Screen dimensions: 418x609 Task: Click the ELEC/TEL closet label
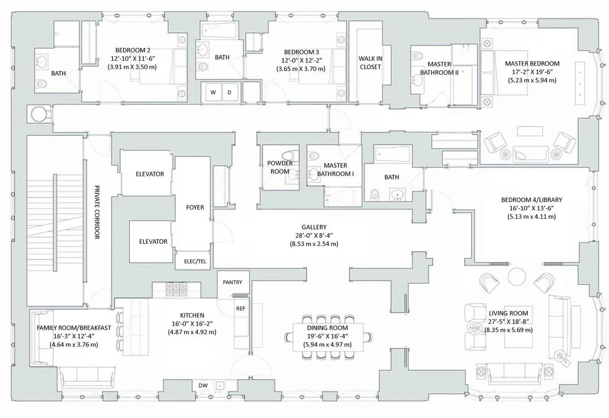click(x=191, y=262)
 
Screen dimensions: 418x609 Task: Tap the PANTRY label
click(x=232, y=282)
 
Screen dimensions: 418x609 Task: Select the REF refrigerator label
click(x=240, y=308)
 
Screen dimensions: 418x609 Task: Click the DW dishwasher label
click(x=203, y=386)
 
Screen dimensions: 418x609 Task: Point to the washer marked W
click(x=213, y=92)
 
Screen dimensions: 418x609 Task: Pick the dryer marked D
click(x=229, y=92)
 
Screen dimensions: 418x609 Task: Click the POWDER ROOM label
click(x=280, y=167)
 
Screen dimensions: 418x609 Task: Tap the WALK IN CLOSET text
click(x=370, y=62)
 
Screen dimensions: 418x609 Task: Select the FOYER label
click(x=195, y=207)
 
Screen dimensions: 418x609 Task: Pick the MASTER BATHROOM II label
click(x=439, y=68)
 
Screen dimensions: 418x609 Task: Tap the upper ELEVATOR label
click(x=150, y=174)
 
